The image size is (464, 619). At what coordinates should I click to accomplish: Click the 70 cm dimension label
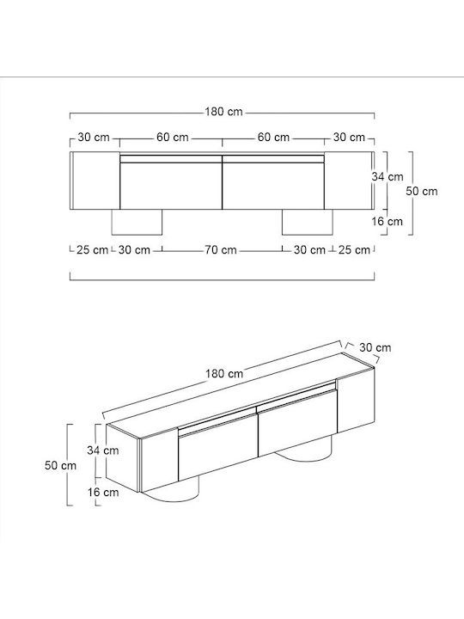pos(221,250)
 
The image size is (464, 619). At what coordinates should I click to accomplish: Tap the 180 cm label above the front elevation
pos(223,112)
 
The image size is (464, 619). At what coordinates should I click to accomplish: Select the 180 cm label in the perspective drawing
pos(224,373)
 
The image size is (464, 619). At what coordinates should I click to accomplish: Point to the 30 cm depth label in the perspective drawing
pos(375,347)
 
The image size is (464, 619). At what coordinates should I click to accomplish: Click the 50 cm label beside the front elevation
pos(422,191)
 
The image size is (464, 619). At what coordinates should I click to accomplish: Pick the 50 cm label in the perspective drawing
pos(60,465)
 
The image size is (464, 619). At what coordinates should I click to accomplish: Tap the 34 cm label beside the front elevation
pos(388,176)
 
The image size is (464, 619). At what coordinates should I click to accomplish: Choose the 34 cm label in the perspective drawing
pos(103,450)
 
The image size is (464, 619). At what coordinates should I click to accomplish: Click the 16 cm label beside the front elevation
pos(387,221)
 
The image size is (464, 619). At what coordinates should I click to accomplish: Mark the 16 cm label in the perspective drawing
pos(103,493)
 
